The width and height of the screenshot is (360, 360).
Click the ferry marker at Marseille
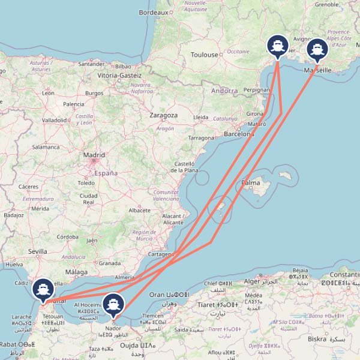(317, 50)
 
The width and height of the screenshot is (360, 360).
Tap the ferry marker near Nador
(113, 305)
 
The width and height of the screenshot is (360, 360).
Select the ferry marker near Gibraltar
(43, 289)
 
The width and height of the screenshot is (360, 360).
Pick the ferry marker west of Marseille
(277, 46)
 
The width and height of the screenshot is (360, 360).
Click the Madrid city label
(94, 155)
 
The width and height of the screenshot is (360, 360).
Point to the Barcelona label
(239, 134)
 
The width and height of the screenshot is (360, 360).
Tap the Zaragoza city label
(164, 115)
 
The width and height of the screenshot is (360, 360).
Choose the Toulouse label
(205, 55)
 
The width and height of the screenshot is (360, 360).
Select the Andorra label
(225, 91)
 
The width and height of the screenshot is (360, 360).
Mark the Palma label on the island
(251, 182)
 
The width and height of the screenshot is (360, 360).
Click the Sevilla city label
(37, 251)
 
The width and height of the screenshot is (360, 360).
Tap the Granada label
(110, 263)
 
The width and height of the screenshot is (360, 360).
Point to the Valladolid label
(55, 120)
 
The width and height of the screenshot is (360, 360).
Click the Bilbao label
(122, 66)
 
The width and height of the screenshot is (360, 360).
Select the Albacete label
(139, 211)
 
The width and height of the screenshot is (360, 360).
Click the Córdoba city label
(67, 236)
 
